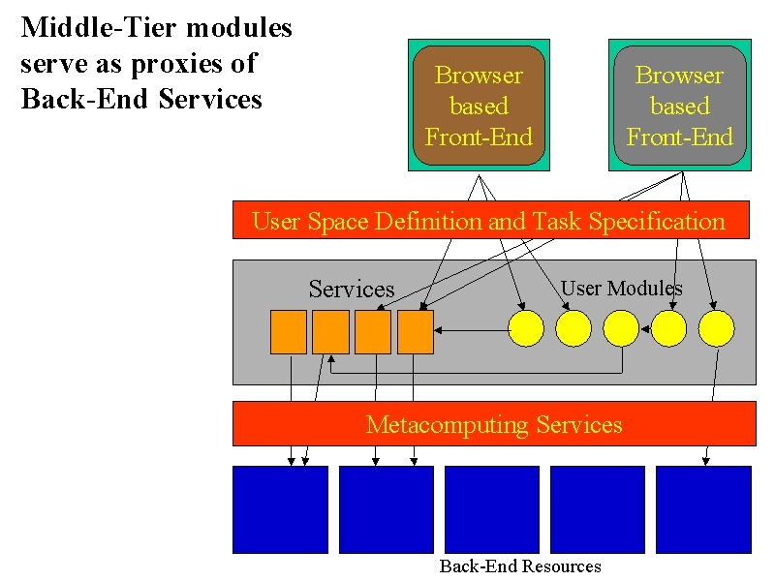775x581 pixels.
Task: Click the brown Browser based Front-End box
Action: [479, 106]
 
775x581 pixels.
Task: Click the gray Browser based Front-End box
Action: [680, 106]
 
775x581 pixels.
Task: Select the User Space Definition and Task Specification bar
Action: [491, 220]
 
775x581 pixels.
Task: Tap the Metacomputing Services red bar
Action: [494, 423]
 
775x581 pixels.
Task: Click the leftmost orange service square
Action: [289, 332]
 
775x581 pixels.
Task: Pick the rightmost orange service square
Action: [416, 332]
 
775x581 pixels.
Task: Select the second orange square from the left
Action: [330, 332]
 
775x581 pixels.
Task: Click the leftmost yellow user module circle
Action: [526, 328]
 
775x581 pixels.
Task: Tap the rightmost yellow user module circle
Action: [717, 328]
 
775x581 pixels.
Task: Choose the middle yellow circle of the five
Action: [621, 328]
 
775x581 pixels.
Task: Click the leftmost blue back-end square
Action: [280, 509]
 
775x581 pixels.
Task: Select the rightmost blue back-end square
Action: [704, 509]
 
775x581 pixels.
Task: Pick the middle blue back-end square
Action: [492, 509]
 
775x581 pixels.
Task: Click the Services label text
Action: [352, 289]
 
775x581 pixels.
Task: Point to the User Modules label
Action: [622, 288]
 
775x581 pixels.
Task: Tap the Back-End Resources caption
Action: [520, 566]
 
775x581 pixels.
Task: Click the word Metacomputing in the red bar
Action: [448, 424]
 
